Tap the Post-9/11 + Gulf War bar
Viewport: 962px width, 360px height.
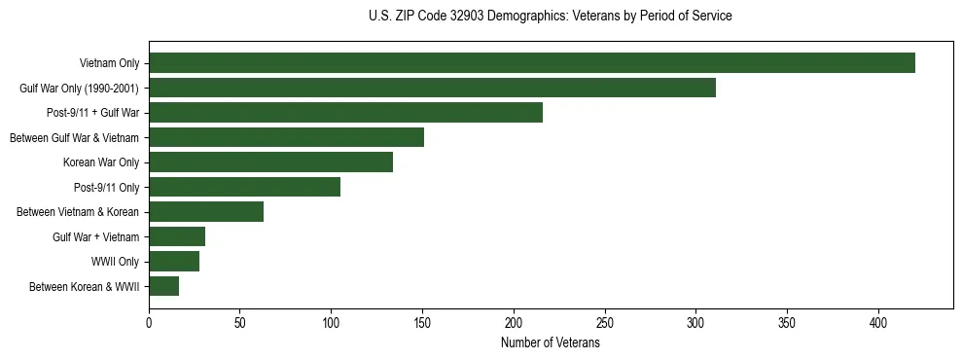click(x=345, y=113)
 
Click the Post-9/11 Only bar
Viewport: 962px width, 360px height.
click(x=244, y=187)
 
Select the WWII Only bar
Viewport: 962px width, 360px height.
click(x=174, y=261)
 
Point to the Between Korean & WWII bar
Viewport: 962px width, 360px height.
click(x=163, y=286)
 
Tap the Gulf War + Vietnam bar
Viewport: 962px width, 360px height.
click(x=177, y=236)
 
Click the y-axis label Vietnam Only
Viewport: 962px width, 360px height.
click(x=109, y=63)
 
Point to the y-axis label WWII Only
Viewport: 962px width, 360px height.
click(x=115, y=261)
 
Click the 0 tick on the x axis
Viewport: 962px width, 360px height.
click(x=149, y=321)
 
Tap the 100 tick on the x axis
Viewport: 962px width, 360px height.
click(x=331, y=321)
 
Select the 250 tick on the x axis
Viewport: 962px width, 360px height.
click(x=605, y=321)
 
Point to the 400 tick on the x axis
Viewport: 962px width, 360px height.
click(x=878, y=321)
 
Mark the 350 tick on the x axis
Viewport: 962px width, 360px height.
click(x=787, y=321)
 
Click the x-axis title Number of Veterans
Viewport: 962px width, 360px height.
click(x=550, y=342)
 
